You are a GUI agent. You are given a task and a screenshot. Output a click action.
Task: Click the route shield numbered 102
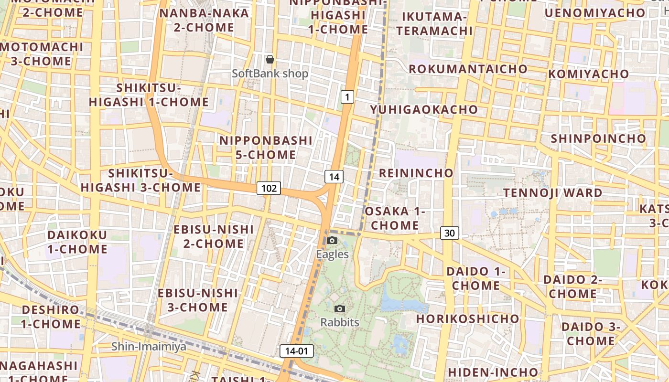pyautogui.click(x=269, y=188)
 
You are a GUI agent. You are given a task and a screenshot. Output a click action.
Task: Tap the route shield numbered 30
pyautogui.click(x=449, y=233)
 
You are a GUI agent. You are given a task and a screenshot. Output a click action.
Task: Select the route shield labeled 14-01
pyautogui.click(x=296, y=351)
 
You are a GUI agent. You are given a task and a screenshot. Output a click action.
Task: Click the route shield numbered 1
pyautogui.click(x=347, y=97)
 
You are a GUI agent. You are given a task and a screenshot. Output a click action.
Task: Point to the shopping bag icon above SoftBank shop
pyautogui.click(x=270, y=59)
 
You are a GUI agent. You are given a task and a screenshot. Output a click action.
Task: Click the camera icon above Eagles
pyautogui.click(x=332, y=240)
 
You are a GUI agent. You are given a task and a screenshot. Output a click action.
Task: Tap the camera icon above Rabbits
pyautogui.click(x=340, y=308)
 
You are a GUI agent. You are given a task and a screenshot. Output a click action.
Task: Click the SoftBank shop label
pyautogui.click(x=270, y=74)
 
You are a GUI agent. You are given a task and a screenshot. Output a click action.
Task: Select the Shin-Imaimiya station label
pyautogui.click(x=149, y=346)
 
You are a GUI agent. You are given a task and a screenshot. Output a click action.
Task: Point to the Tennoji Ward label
pyautogui.click(x=553, y=193)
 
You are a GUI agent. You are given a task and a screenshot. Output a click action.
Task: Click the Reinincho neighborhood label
pyautogui.click(x=416, y=173)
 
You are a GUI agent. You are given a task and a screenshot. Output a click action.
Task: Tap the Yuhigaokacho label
pyautogui.click(x=424, y=109)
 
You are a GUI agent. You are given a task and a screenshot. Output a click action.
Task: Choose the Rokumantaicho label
pyautogui.click(x=468, y=69)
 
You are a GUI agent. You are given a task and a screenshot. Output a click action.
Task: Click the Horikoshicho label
pyautogui.click(x=467, y=318)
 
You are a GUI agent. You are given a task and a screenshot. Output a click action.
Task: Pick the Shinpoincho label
pyautogui.click(x=598, y=138)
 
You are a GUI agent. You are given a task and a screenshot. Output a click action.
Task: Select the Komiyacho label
pyautogui.click(x=588, y=74)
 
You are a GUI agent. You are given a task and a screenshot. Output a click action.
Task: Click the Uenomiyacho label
pyautogui.click(x=594, y=13)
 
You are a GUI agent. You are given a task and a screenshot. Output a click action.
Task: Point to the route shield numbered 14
pyautogui.click(x=334, y=177)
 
